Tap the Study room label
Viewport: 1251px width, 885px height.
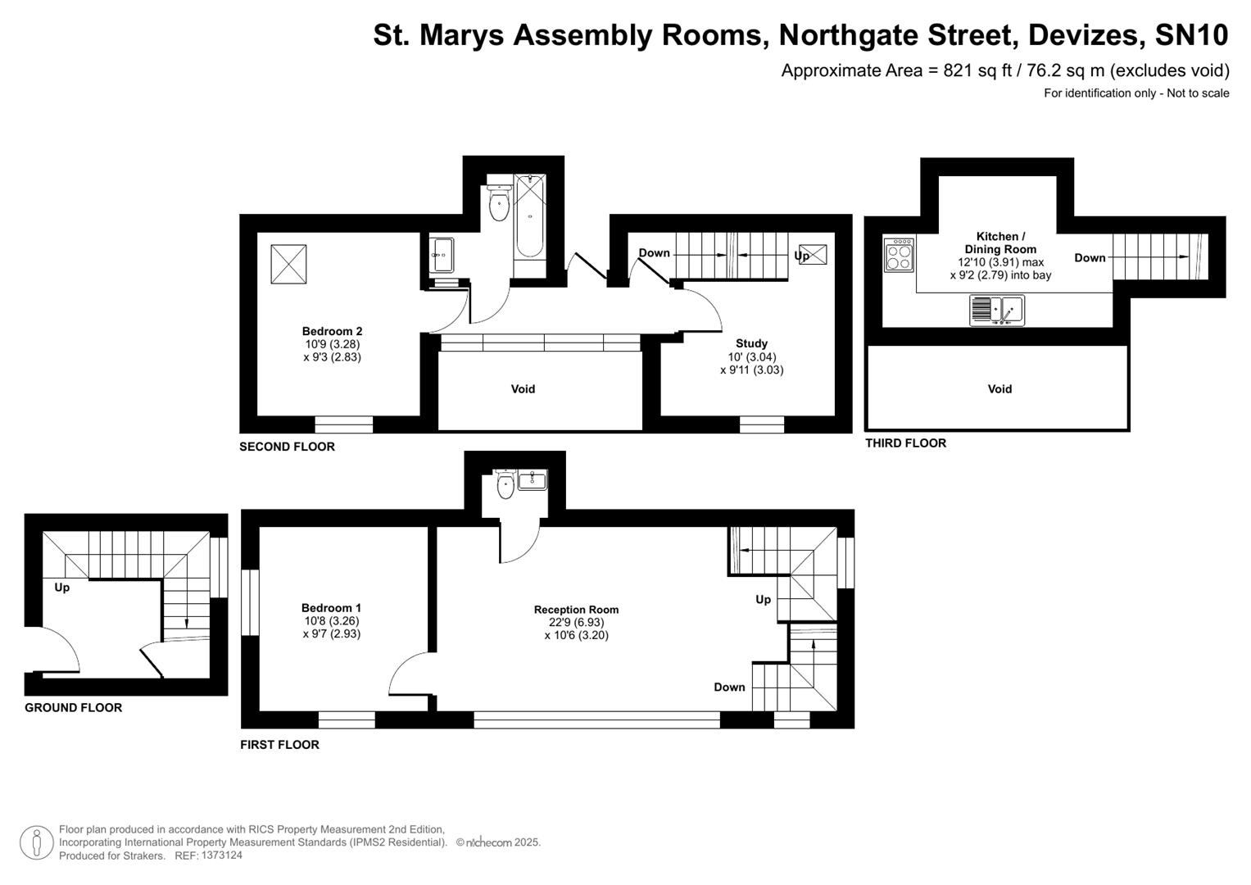point(751,343)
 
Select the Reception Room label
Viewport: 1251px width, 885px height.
point(576,610)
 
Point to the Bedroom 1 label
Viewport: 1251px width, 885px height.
point(331,608)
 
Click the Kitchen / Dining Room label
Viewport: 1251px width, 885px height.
point(1000,243)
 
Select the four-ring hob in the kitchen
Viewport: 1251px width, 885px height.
point(899,254)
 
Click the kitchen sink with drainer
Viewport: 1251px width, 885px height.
point(997,310)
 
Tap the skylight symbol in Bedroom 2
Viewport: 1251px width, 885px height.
point(288,265)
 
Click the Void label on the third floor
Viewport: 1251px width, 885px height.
point(999,389)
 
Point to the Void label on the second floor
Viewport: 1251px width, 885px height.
point(523,389)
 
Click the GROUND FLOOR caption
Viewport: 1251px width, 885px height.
point(73,708)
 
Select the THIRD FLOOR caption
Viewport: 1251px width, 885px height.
point(905,443)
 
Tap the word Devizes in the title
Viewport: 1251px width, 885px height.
point(1082,35)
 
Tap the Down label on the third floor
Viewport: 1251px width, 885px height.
point(1090,257)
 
